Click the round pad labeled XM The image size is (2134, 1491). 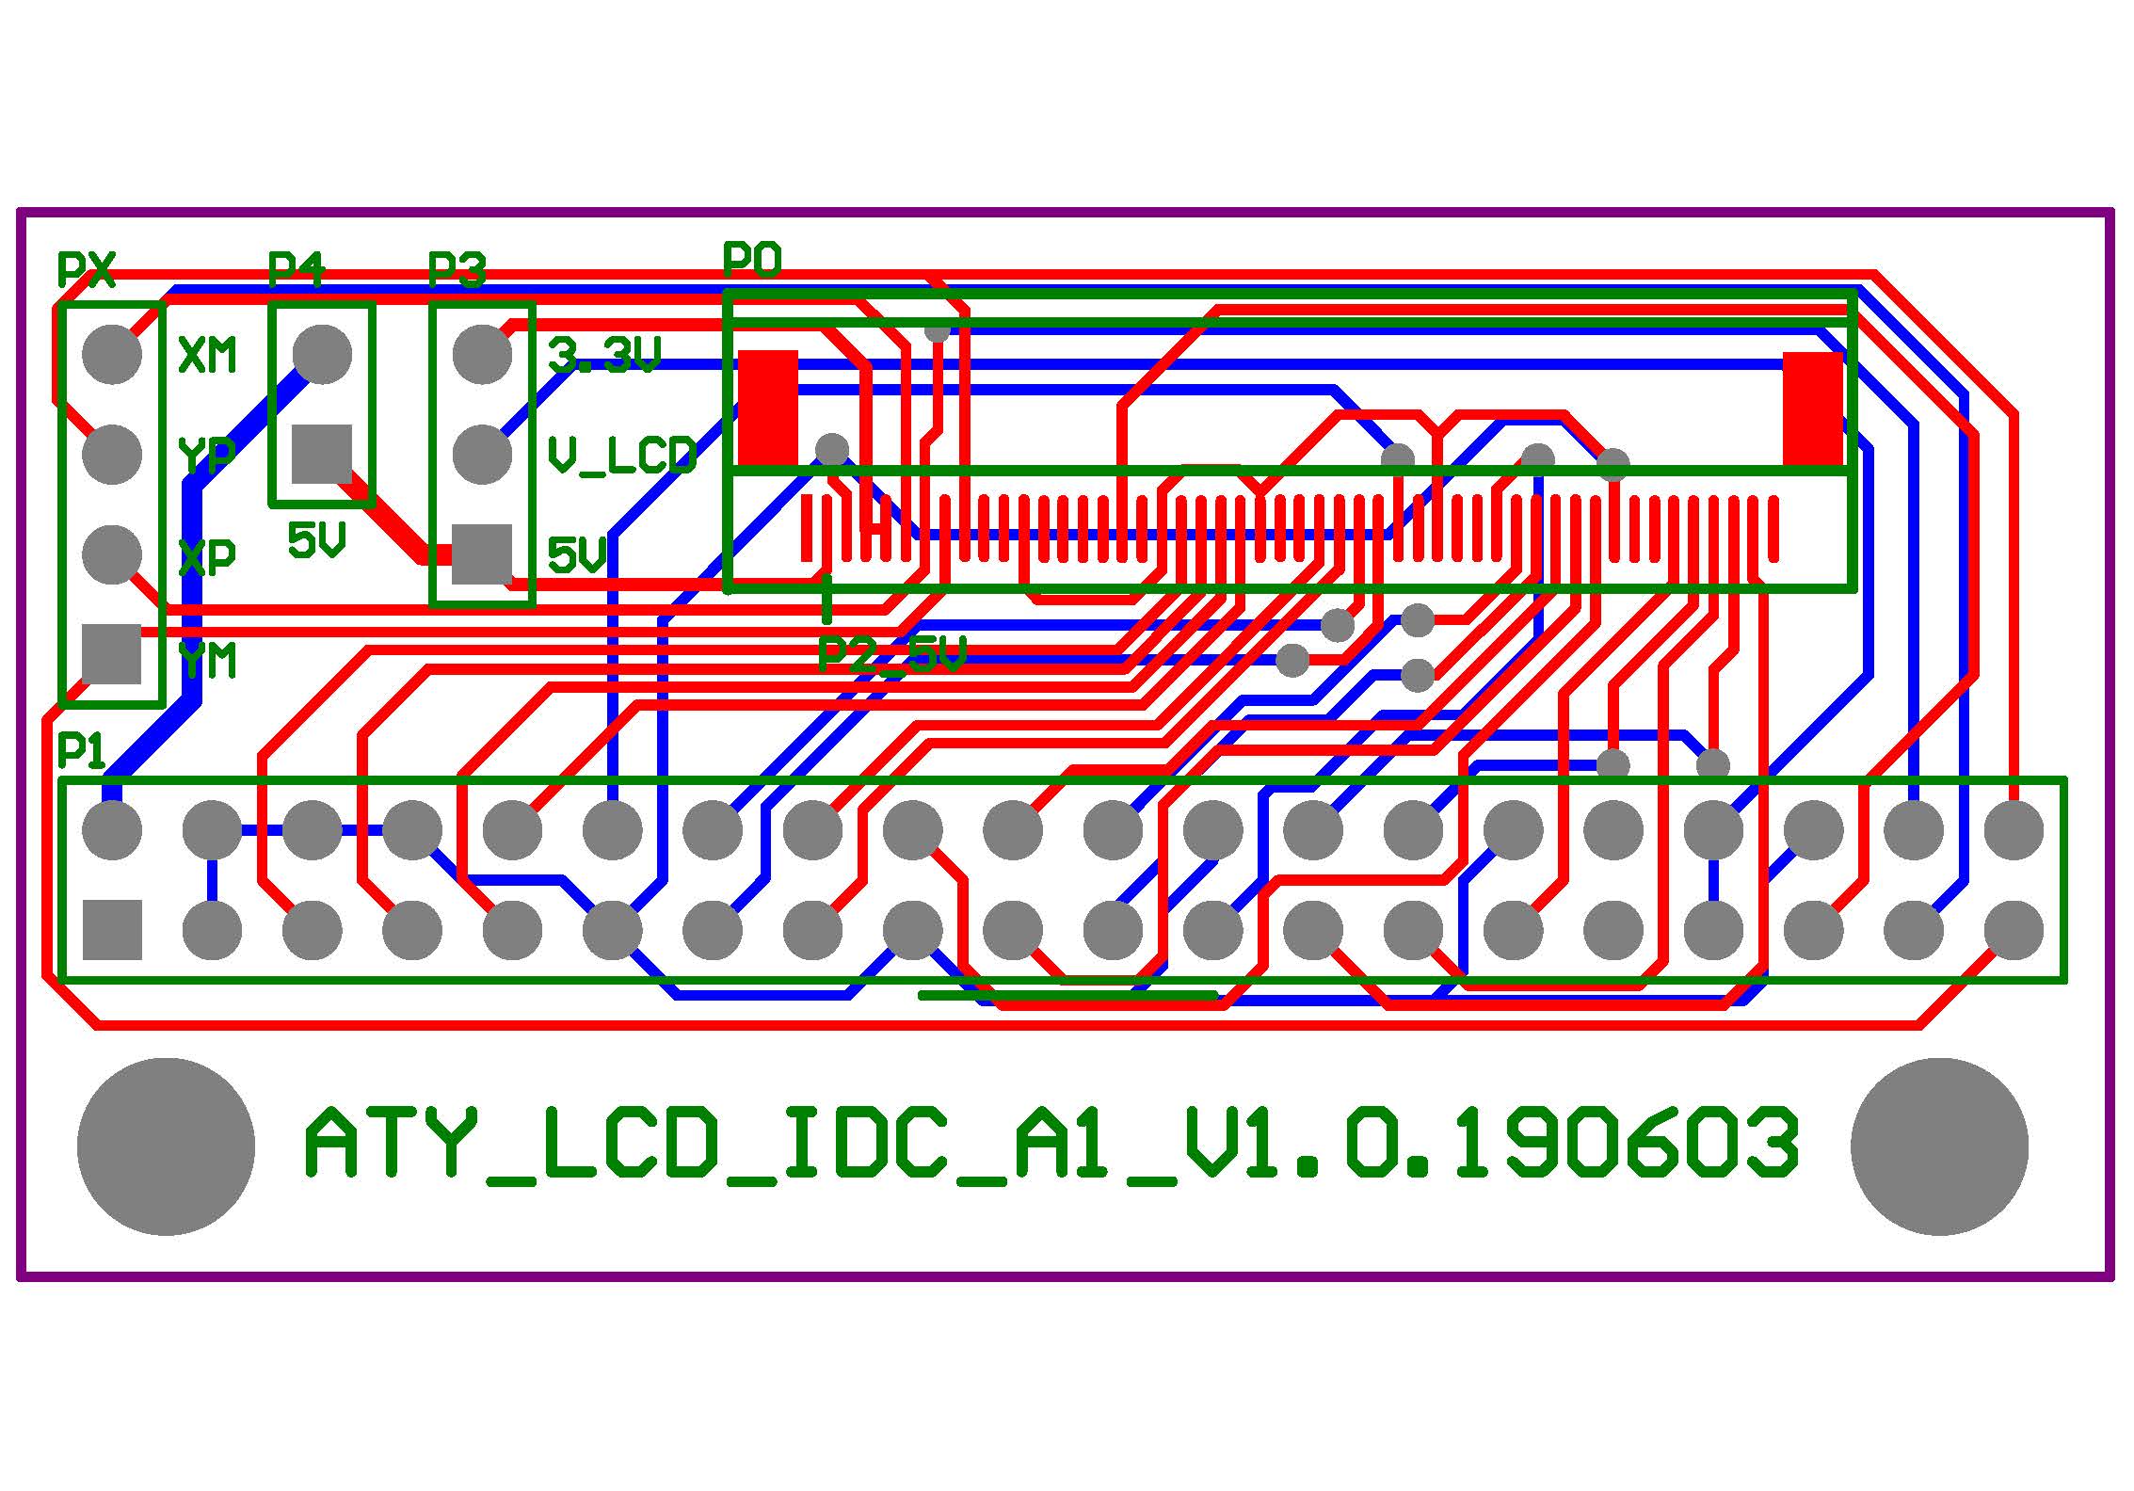click(x=112, y=354)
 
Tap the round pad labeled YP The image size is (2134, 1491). click(x=112, y=454)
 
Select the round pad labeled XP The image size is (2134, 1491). click(x=112, y=553)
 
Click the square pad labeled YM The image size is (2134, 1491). click(x=112, y=653)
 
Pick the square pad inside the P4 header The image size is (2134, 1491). click(x=322, y=454)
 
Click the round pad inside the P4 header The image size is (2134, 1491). click(x=322, y=354)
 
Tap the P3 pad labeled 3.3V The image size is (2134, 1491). click(x=482, y=354)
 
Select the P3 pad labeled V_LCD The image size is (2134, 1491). click(x=482, y=454)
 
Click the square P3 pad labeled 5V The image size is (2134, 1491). click(x=482, y=553)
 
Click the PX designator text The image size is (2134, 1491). click(x=87, y=270)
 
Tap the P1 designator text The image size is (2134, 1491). click(x=82, y=752)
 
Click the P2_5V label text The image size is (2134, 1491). click(x=892, y=653)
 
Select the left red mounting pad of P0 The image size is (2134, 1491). click(x=768, y=409)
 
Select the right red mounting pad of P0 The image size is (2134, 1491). click(x=1813, y=409)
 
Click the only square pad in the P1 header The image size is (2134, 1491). click(x=112, y=930)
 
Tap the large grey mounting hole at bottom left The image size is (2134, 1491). click(x=166, y=1146)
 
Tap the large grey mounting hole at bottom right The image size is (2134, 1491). click(x=1939, y=1146)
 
